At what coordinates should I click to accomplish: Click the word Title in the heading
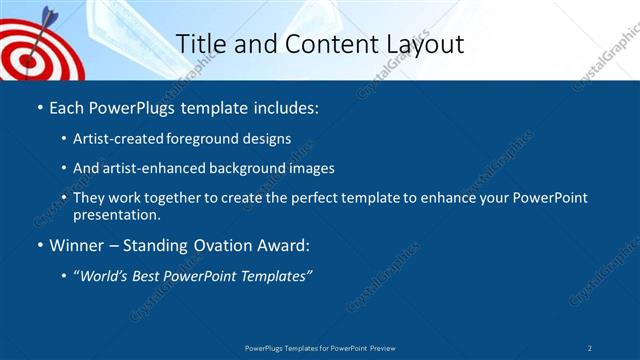point(199,44)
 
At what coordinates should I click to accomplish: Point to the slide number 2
point(590,347)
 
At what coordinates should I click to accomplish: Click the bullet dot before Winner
point(39,245)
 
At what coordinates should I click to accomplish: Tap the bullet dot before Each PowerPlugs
point(39,106)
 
